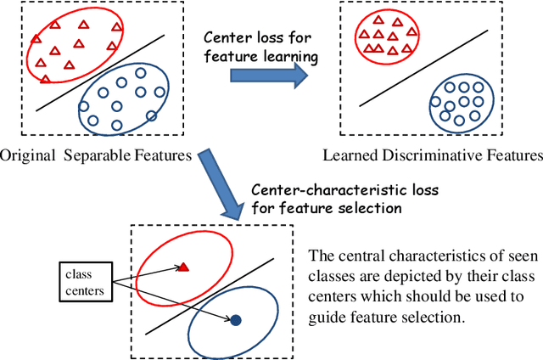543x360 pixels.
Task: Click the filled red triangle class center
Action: click(x=183, y=267)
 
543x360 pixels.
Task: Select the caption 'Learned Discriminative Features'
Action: click(x=433, y=155)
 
